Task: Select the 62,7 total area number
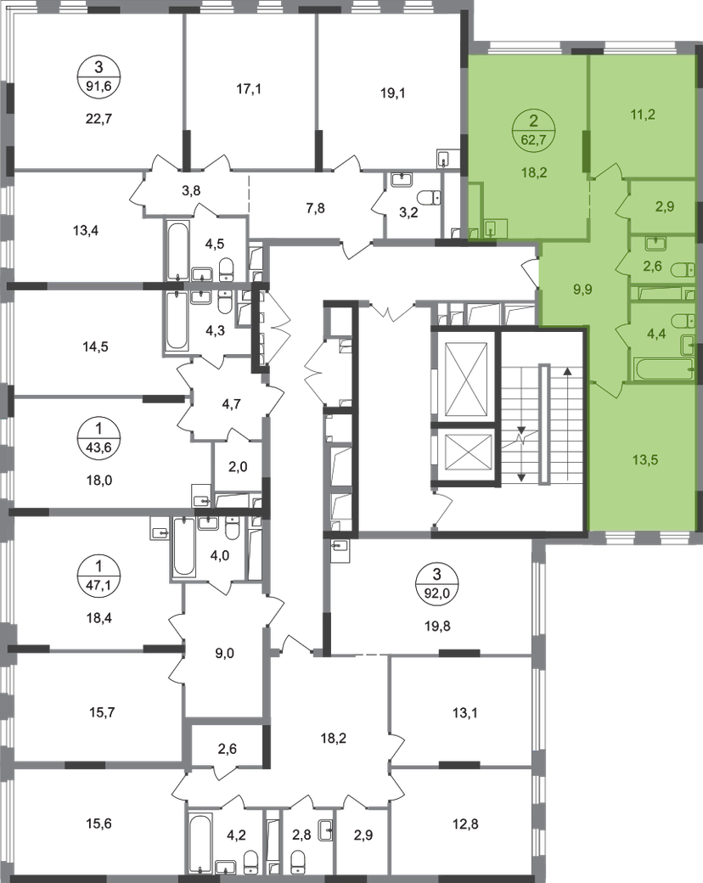tap(532, 141)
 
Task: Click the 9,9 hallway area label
tap(582, 288)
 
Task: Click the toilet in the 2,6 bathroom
tap(683, 270)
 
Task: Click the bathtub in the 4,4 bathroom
tap(663, 369)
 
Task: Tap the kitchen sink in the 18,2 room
tap(493, 228)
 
